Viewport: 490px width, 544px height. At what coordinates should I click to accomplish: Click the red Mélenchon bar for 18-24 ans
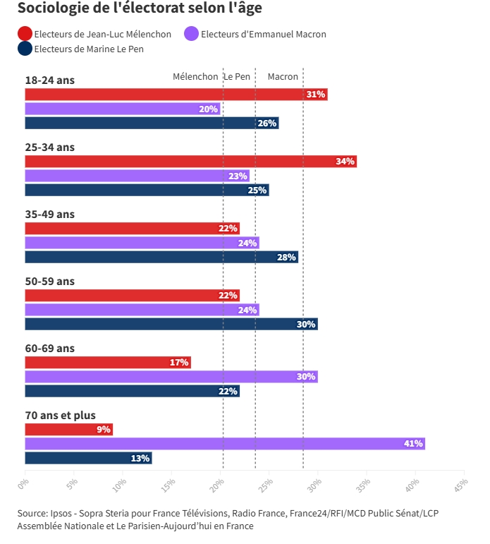(176, 95)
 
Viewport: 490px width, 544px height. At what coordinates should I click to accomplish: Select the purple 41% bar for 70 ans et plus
(225, 444)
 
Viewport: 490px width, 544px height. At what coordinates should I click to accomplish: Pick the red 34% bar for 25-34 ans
(190, 162)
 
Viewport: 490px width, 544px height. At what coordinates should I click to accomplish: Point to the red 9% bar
(68, 430)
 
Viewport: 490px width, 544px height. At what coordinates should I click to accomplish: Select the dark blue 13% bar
(88, 458)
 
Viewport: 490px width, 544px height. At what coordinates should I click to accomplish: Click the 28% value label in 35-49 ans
(286, 257)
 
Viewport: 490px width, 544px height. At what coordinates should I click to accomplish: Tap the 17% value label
(179, 363)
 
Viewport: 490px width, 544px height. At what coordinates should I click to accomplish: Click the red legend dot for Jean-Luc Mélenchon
(25, 34)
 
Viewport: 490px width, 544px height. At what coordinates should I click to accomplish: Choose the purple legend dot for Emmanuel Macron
(191, 34)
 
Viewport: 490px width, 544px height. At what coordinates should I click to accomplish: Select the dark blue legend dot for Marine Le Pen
(25, 49)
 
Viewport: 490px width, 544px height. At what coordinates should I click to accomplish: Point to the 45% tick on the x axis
(461, 485)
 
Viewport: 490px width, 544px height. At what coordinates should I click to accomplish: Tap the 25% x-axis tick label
(267, 485)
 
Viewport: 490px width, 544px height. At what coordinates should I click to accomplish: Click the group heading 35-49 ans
(49, 214)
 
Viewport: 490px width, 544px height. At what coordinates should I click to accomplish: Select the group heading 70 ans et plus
(60, 415)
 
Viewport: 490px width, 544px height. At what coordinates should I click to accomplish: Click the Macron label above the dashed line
(283, 77)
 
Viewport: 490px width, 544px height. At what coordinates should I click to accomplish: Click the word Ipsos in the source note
(61, 513)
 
